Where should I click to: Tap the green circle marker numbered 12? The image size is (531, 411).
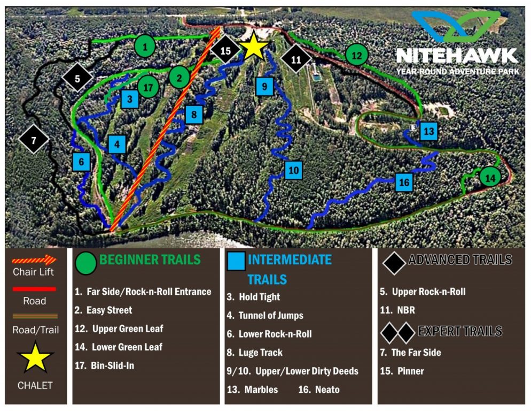coord(357,55)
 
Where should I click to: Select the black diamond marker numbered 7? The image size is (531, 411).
coord(34,140)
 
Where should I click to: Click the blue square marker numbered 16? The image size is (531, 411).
coord(404,183)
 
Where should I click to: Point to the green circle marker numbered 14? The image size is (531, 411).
coord(490,177)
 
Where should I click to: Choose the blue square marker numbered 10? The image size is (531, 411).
coord(293,170)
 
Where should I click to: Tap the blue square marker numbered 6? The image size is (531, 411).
coord(81,161)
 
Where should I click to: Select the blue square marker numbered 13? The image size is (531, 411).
coord(428,131)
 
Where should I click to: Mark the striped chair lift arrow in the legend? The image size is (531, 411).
coord(34,261)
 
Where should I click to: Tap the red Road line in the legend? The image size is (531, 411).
coord(34,289)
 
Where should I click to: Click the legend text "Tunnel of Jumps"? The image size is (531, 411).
coord(271,315)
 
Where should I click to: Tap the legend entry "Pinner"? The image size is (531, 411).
coord(410,371)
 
